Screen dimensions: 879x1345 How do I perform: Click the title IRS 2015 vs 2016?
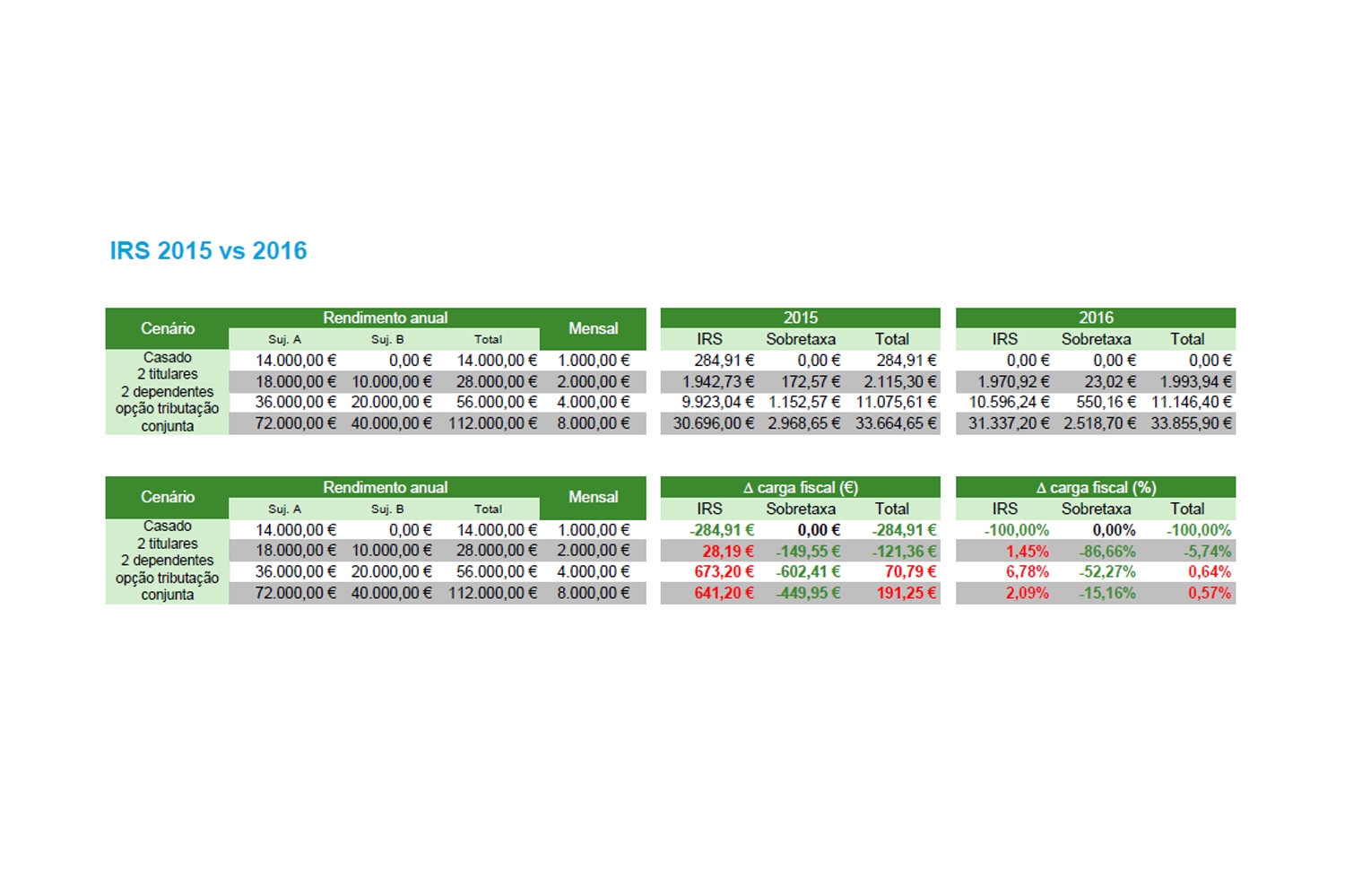[x=208, y=251]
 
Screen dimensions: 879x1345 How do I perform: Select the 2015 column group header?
[x=800, y=318]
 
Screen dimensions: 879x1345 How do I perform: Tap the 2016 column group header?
[x=1096, y=318]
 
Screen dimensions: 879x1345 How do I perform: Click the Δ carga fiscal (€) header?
[x=800, y=487]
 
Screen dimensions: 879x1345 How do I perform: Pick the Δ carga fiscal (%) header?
[x=1096, y=487]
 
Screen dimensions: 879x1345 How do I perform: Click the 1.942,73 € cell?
[x=717, y=381]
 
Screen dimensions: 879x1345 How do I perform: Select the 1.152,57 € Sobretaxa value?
[x=804, y=402]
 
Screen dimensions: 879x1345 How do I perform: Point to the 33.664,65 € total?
[x=895, y=423]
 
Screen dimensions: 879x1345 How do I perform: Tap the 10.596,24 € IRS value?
[x=1009, y=402]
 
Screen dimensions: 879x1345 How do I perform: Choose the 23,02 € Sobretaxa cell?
[x=1110, y=381]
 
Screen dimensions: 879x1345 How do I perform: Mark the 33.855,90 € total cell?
[x=1191, y=423]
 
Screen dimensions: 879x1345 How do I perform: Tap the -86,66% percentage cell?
[x=1107, y=551]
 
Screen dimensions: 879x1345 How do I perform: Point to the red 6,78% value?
[x=1027, y=571]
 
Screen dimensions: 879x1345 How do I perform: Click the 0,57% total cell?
[x=1210, y=593]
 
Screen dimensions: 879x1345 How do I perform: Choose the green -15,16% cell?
[x=1107, y=593]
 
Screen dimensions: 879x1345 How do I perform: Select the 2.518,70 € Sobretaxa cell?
[x=1099, y=423]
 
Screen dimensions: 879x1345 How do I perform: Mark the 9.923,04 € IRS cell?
[x=717, y=402]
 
